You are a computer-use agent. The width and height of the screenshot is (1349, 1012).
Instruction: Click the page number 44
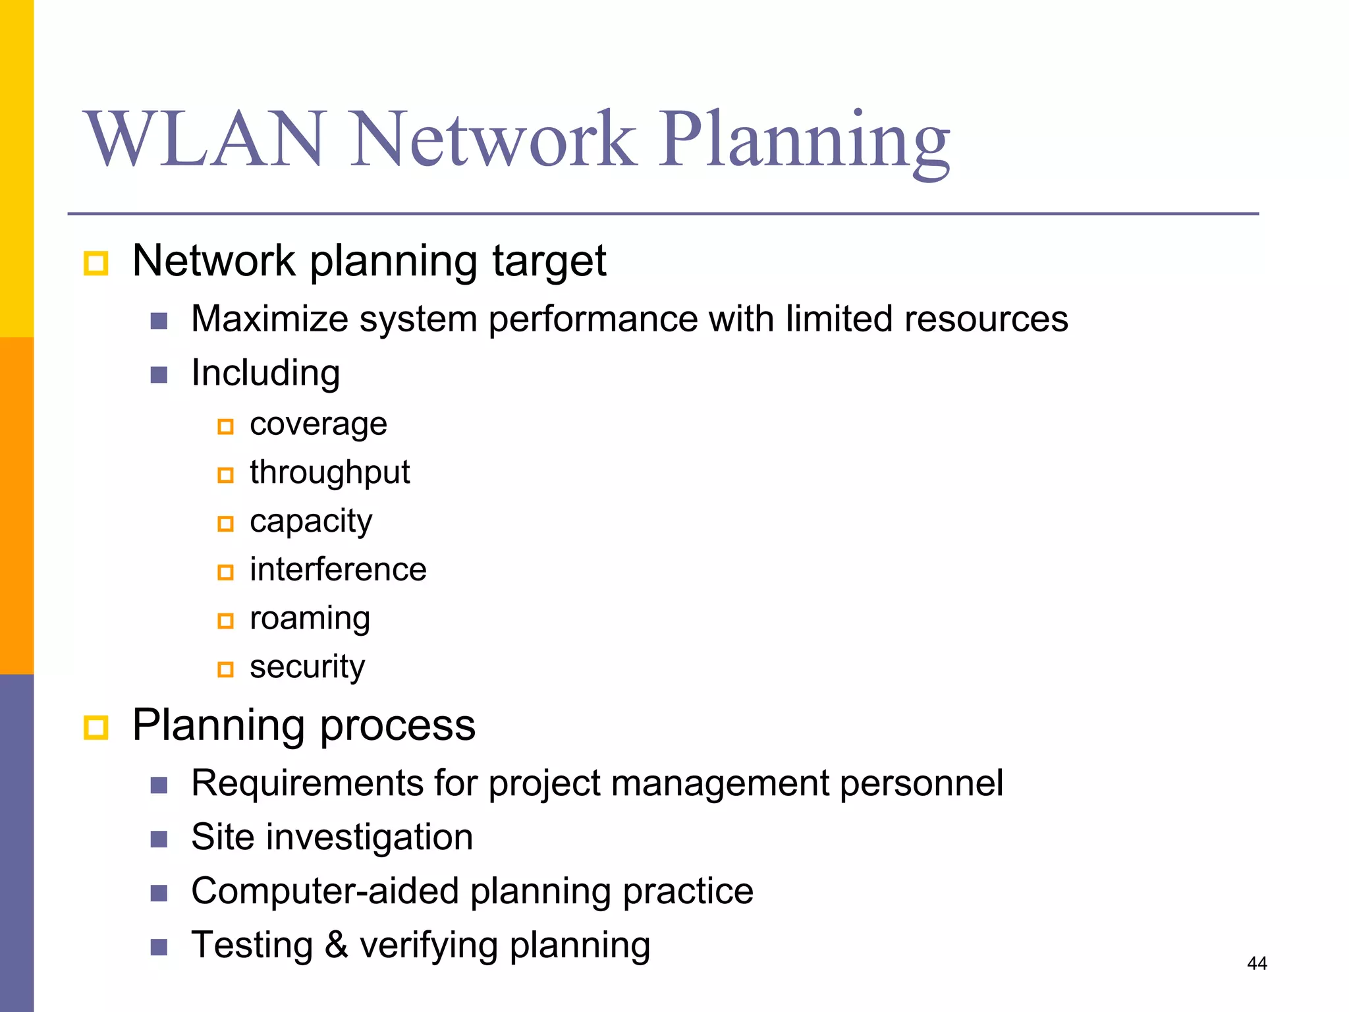tap(1257, 963)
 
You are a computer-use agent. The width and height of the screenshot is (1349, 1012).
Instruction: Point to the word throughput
tap(329, 473)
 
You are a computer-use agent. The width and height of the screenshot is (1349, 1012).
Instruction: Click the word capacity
tap(311, 522)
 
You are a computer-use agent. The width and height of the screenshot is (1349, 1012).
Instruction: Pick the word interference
tap(338, 570)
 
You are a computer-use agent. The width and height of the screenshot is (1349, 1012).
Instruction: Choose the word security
tap(307, 667)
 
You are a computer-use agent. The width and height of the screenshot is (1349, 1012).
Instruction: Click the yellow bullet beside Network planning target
tap(96, 264)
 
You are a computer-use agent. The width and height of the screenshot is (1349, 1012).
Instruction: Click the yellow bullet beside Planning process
tap(96, 728)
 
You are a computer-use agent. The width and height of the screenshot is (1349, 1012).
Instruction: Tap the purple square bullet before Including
tap(159, 375)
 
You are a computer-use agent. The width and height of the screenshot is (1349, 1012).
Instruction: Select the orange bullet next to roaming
tap(225, 621)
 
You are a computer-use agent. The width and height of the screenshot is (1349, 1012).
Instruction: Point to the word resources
tap(986, 320)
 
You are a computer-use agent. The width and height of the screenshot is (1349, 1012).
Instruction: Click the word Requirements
tap(307, 784)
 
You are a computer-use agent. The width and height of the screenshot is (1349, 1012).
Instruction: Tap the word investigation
tap(370, 838)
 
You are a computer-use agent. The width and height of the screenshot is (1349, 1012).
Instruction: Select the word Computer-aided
tap(325, 891)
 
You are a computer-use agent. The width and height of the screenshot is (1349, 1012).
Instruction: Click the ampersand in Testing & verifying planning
tap(336, 945)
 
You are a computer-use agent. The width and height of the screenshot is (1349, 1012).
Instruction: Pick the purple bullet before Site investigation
tap(159, 839)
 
